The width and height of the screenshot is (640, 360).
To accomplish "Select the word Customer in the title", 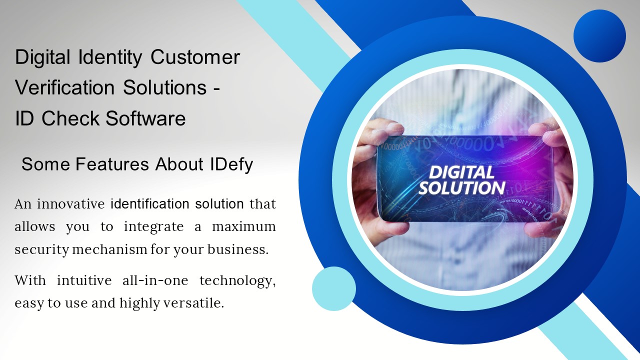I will tap(195, 57).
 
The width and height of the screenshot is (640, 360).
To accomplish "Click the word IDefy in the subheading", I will tap(231, 164).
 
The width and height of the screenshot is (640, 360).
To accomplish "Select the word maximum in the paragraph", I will tap(244, 226).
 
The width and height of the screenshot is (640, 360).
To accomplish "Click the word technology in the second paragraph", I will tap(237, 281).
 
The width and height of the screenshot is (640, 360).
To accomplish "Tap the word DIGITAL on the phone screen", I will tap(461, 173).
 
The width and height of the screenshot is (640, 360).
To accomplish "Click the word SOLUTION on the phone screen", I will tap(461, 188).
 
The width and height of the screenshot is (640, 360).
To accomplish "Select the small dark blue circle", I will tap(599, 36).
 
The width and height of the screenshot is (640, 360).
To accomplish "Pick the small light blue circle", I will tap(334, 288).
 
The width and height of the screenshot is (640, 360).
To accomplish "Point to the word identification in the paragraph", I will tap(149, 204).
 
